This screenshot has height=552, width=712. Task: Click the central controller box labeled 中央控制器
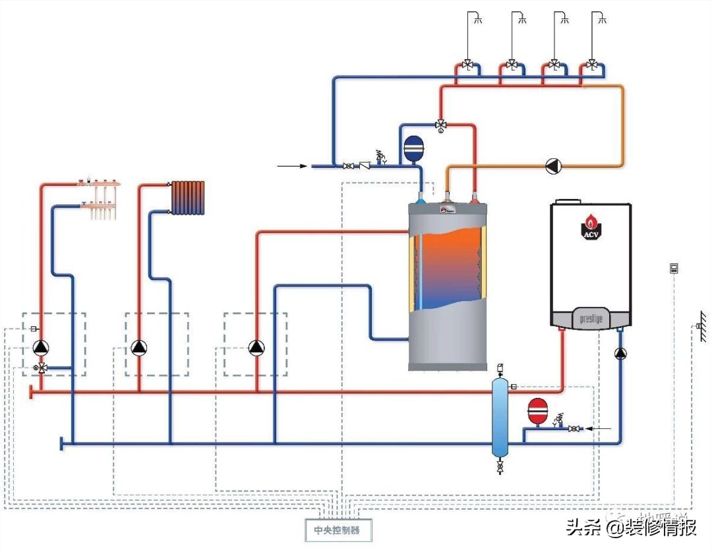(x=337, y=530)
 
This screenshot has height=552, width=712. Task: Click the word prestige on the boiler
(x=591, y=319)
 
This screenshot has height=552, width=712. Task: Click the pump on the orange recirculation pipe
(x=552, y=166)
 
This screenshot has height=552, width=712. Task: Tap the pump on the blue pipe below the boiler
(x=620, y=354)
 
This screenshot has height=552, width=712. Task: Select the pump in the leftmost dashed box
(x=41, y=347)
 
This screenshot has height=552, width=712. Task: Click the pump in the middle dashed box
(x=139, y=347)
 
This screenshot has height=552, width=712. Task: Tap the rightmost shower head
(x=601, y=18)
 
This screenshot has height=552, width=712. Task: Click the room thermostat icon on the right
(x=674, y=268)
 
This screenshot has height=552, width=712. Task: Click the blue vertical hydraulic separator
(x=500, y=416)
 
